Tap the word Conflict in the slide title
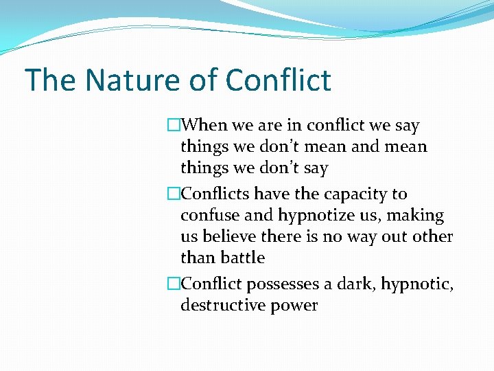tap(278, 80)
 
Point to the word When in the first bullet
tap(209, 126)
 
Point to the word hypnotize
tap(315, 216)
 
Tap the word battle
tap(242, 258)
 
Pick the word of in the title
tap(202, 80)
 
